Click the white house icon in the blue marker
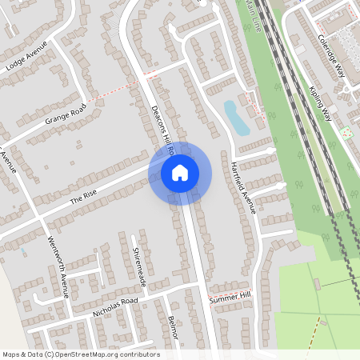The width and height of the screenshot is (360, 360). point(179,172)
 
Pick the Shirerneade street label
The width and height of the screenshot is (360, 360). point(140,267)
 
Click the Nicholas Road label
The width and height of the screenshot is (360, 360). point(115,306)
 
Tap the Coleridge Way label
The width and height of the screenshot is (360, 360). point(334,56)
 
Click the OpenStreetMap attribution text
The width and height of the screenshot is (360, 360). point(80,354)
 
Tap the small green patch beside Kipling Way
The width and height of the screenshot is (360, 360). point(346,132)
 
